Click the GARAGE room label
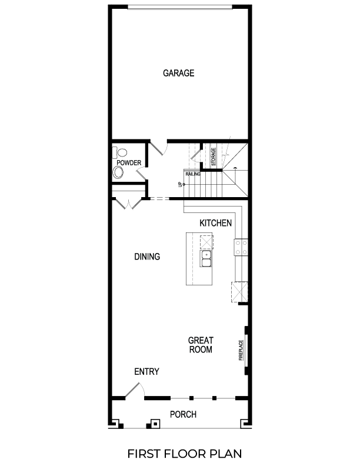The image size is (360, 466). point(178,74)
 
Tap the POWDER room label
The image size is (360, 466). point(128,162)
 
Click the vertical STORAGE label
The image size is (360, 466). point(214,156)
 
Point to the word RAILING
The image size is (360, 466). point(193,174)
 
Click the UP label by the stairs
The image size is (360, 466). point(181,185)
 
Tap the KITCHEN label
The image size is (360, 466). point(216,223)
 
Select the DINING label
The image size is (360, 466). point(147,257)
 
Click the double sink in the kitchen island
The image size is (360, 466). point(206,259)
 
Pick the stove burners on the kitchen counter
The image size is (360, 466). point(241,247)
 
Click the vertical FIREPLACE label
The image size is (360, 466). point(241,349)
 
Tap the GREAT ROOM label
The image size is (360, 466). point(200,345)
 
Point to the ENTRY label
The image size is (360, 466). point(146,372)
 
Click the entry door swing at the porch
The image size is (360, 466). point(133,390)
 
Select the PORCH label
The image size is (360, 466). point(183,415)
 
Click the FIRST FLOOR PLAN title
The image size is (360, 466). point(184,454)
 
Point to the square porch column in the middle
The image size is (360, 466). point(155,423)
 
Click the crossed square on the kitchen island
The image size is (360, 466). point(206,242)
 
